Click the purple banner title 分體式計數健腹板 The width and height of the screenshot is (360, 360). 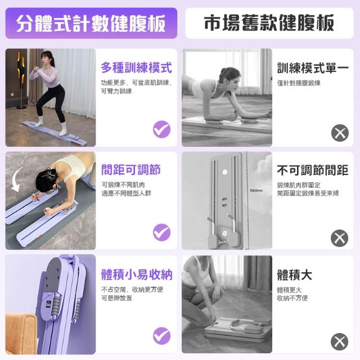[x=91, y=24]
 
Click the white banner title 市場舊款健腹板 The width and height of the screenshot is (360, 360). [x=269, y=23]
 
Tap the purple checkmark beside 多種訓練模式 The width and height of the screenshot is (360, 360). [x=162, y=129]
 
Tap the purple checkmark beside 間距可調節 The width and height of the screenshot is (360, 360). [x=162, y=232]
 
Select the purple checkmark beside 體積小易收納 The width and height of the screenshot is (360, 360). [x=162, y=336]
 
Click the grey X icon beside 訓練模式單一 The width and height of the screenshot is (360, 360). [x=340, y=133]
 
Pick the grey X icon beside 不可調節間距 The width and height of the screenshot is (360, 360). [x=339, y=238]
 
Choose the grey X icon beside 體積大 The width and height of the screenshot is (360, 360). [x=339, y=341]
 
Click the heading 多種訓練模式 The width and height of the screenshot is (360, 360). [x=136, y=67]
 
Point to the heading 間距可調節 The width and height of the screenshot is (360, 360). [x=131, y=170]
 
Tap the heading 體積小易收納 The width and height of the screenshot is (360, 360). [x=137, y=274]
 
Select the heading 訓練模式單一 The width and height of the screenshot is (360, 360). [x=313, y=68]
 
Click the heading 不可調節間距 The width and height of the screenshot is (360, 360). [x=313, y=170]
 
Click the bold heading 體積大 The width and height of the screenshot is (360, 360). [x=295, y=275]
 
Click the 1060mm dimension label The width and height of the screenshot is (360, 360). [x=256, y=191]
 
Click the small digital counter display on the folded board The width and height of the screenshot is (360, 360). [x=48, y=304]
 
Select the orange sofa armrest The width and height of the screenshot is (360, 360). [x=20, y=333]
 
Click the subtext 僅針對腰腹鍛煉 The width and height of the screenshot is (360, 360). [x=299, y=83]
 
